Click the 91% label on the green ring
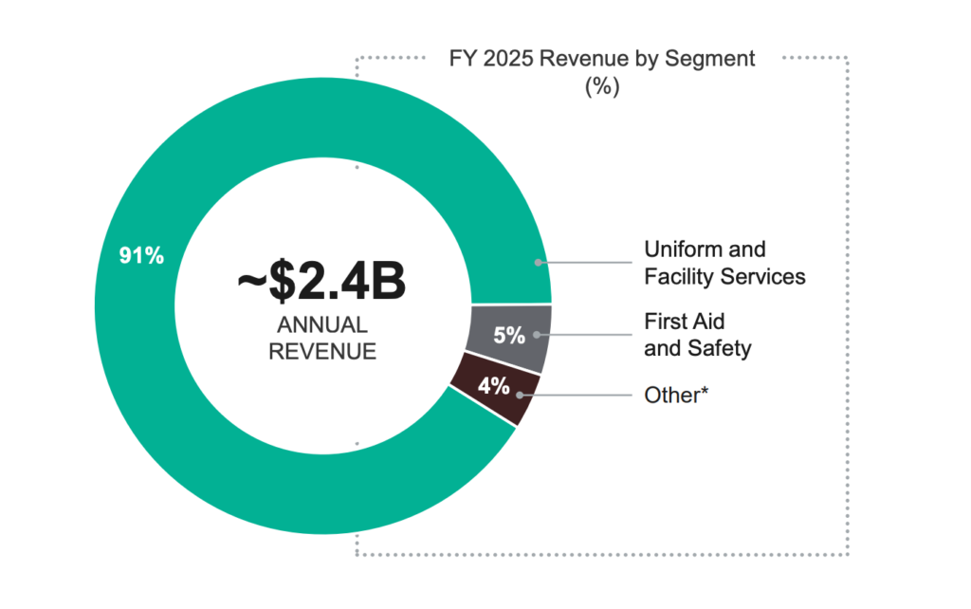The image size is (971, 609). [141, 255]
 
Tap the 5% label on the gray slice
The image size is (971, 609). [509, 335]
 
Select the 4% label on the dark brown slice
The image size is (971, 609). [493, 386]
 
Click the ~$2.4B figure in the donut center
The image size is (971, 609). [321, 282]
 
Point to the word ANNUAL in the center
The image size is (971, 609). [321, 325]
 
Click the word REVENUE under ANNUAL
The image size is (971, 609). [321, 351]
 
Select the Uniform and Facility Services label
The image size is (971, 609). [724, 263]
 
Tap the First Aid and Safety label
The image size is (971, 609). [698, 335]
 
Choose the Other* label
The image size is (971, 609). [677, 395]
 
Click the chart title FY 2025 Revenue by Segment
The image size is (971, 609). [601, 58]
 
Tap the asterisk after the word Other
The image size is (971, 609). [705, 391]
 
